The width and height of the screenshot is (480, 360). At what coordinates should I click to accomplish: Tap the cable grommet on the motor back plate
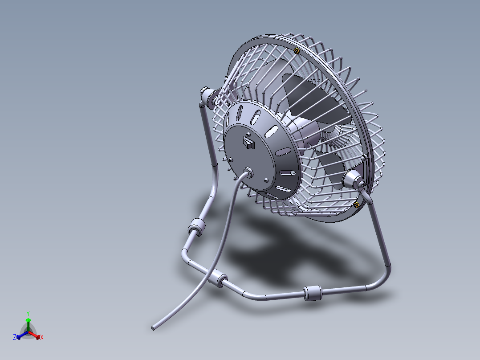tap(248, 172)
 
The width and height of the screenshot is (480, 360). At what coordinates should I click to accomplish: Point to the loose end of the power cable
tap(153, 328)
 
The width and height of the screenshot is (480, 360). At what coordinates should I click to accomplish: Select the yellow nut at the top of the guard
tap(297, 51)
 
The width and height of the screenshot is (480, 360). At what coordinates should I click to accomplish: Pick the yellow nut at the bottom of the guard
tap(356, 205)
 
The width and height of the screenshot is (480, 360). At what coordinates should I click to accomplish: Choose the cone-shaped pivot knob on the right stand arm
tap(354, 180)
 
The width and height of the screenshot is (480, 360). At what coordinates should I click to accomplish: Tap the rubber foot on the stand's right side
tap(312, 294)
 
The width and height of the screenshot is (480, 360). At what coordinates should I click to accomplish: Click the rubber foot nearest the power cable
tap(217, 279)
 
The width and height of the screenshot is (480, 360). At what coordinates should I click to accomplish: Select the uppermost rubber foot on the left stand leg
tap(196, 228)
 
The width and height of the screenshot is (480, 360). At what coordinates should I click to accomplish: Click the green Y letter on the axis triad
tap(28, 313)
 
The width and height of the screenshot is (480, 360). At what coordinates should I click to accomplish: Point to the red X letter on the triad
tap(41, 338)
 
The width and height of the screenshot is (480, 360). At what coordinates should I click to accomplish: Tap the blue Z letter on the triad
tap(15, 337)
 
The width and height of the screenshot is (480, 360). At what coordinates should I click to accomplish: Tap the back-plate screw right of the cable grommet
tap(266, 180)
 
